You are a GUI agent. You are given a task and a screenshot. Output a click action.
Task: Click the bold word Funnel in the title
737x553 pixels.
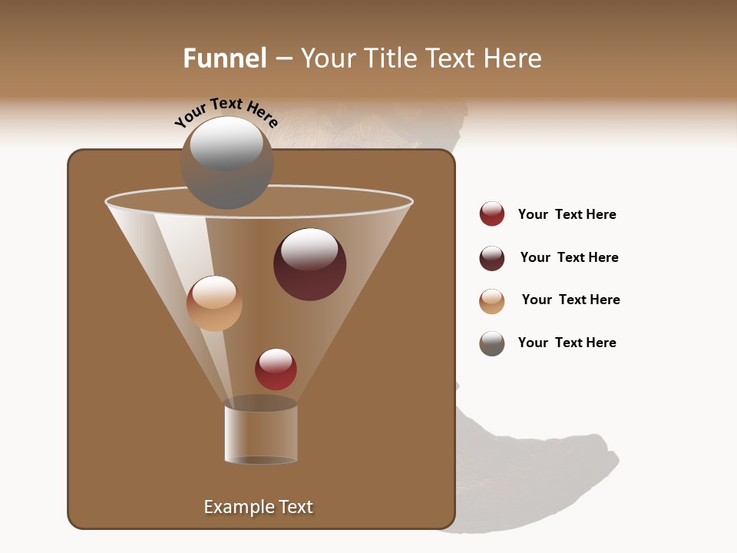[x=224, y=58]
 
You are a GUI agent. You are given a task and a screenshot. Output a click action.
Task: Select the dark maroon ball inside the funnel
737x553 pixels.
[x=309, y=264]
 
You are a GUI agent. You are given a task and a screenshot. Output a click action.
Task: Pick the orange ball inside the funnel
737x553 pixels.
[x=214, y=303]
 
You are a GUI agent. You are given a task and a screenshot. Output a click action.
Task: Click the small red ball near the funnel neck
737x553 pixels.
[x=276, y=369]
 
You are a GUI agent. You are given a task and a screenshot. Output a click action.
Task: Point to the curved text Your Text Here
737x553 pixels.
[x=226, y=112]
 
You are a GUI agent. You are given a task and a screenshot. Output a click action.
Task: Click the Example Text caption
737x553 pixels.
[x=259, y=507]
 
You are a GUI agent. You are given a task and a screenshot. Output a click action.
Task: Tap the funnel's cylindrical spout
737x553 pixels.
[x=260, y=434]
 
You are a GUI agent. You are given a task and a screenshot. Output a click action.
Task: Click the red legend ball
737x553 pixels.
[x=492, y=214]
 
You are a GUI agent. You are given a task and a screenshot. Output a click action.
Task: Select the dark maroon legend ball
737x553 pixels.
[x=492, y=258]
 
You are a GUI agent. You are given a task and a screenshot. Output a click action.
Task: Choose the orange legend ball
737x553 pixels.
[x=492, y=301]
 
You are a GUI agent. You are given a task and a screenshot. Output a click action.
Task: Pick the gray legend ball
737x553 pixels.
[x=492, y=343]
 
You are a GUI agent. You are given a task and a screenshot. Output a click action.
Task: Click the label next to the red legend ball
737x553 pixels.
[x=567, y=214]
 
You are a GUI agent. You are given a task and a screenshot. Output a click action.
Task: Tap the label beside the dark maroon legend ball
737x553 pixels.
[x=569, y=257]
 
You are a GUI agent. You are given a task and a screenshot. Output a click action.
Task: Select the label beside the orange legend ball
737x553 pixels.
[x=570, y=300]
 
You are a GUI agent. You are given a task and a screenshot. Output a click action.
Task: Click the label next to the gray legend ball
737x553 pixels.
[x=567, y=343]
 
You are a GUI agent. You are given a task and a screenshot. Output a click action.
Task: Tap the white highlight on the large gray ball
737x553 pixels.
[x=226, y=143]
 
